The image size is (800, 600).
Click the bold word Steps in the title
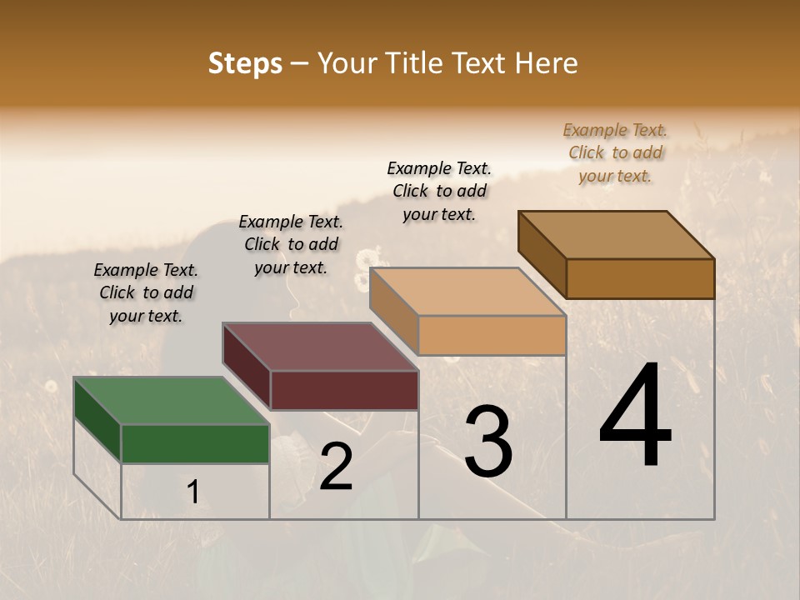pos(245,63)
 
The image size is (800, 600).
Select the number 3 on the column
pos(487,442)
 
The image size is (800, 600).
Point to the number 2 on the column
pos(336,467)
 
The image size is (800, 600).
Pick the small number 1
pos(192,492)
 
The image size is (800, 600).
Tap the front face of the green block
pos(196,443)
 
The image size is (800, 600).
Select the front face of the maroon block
pos(344,390)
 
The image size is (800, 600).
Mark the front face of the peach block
pos(492,335)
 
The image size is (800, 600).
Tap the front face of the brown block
pos(640,278)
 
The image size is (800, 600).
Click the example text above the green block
pos(146,292)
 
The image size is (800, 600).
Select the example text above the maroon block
pos(291,244)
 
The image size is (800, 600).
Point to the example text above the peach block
pos(439,191)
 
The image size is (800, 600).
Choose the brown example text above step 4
pos(615,152)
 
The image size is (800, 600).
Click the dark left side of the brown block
pos(542,255)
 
